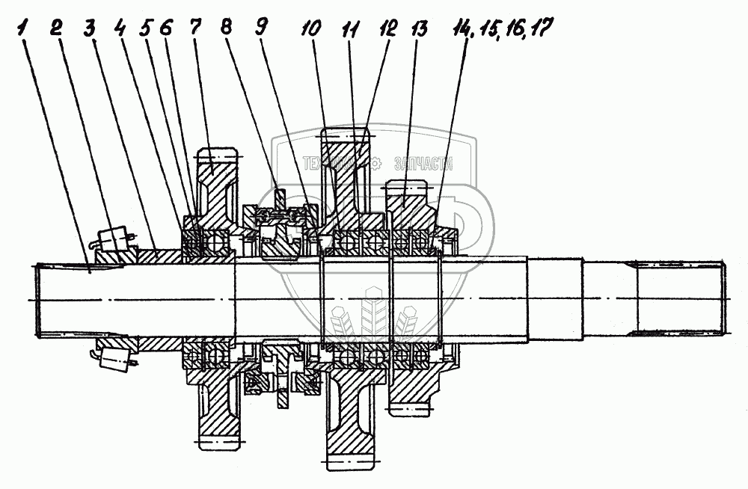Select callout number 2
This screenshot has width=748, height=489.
coord(55,29)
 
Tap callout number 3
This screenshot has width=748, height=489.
coord(89,29)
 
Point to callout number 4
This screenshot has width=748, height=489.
coord(120,29)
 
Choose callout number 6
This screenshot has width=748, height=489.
coord(167,29)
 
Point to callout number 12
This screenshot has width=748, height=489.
coord(387,30)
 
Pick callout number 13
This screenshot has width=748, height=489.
coord(419,30)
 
